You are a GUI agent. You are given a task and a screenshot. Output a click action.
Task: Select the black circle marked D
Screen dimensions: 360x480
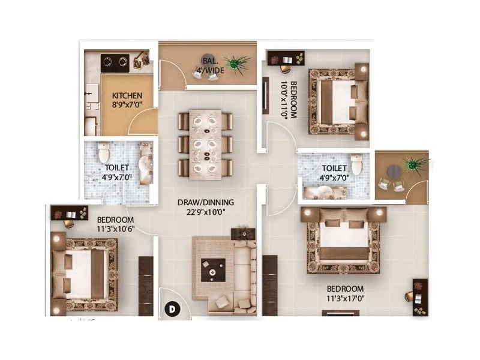(172, 310)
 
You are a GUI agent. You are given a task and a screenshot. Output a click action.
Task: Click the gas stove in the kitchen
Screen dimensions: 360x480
(115, 61)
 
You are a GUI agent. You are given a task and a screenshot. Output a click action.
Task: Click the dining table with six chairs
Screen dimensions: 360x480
(205, 144)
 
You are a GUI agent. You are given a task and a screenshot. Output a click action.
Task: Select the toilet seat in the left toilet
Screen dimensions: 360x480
(103, 152)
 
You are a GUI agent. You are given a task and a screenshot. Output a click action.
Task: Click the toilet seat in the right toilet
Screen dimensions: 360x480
(356, 164)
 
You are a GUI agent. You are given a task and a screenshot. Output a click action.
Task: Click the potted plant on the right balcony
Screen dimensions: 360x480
(413, 163)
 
